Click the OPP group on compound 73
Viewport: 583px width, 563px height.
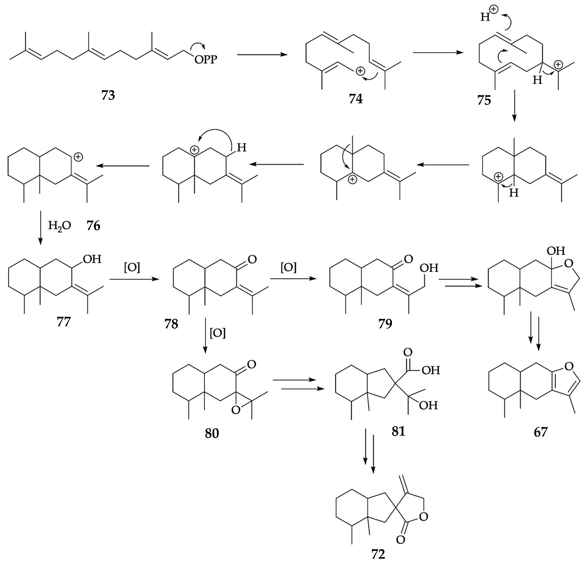click(206, 59)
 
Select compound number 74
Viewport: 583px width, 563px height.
click(356, 99)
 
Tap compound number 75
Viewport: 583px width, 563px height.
click(484, 101)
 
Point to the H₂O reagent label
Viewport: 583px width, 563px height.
click(59, 226)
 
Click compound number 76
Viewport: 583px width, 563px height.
click(93, 226)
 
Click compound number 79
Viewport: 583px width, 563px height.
click(385, 323)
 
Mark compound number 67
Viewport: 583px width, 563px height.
click(541, 432)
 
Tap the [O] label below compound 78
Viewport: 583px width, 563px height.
click(218, 333)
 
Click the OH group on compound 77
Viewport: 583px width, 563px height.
click(92, 259)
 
